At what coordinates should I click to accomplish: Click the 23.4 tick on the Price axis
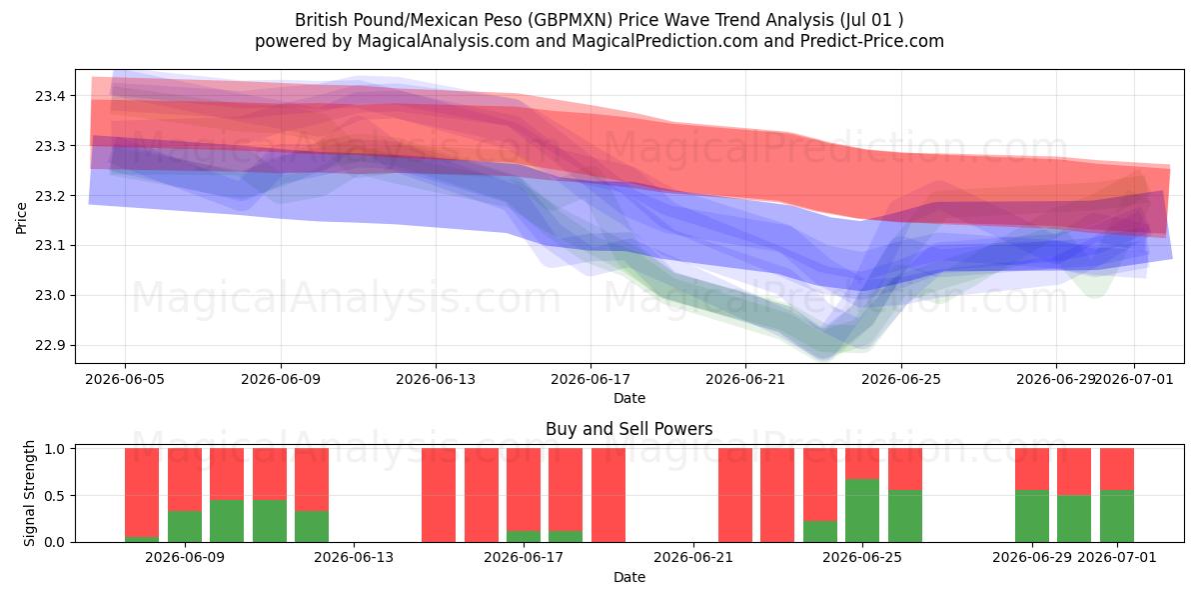[50, 96]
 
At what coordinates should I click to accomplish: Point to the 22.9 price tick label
[50, 346]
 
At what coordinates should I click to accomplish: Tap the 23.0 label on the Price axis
[50, 296]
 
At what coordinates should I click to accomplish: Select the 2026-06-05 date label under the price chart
[125, 379]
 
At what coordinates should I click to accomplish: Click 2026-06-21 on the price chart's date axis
[745, 379]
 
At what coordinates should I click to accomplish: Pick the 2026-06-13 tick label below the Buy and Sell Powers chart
[354, 558]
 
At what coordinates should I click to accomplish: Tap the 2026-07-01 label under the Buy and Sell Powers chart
[1117, 558]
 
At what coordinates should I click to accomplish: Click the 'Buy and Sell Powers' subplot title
[628, 429]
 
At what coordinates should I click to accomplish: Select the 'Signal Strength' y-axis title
[29, 493]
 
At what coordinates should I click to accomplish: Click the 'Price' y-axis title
[21, 218]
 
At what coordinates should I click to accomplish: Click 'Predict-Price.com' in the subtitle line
[872, 41]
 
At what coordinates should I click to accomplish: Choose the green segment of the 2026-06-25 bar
[862, 511]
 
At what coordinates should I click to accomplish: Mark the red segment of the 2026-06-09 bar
[185, 479]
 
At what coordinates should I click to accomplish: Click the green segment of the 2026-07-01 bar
[1117, 516]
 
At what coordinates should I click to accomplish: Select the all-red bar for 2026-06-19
[608, 495]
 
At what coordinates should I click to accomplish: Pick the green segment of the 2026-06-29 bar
[1032, 516]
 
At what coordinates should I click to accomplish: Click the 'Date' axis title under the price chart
[628, 398]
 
